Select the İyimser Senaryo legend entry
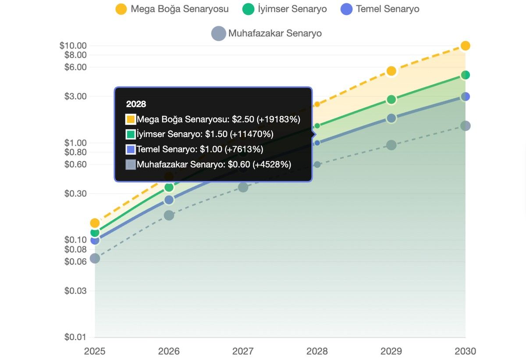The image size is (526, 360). (284, 9)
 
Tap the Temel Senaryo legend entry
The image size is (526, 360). (380, 9)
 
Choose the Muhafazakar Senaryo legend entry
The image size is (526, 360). (267, 33)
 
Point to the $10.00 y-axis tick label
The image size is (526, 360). (73, 46)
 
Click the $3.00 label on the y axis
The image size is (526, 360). (75, 96)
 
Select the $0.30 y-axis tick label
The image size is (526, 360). (75, 194)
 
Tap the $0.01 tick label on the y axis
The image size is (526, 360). (75, 337)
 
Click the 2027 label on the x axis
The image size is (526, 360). (243, 351)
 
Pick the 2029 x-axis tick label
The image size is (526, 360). (391, 351)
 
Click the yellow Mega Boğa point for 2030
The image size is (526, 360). (466, 46)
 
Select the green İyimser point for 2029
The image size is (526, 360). (391, 100)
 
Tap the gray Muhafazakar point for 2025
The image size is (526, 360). (95, 258)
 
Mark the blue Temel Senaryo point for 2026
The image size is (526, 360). (169, 200)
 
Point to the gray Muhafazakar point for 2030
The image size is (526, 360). (466, 126)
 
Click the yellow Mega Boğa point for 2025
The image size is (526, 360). (95, 223)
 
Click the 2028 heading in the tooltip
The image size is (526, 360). (136, 104)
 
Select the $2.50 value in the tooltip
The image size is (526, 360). (243, 119)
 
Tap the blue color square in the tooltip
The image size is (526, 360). (131, 150)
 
